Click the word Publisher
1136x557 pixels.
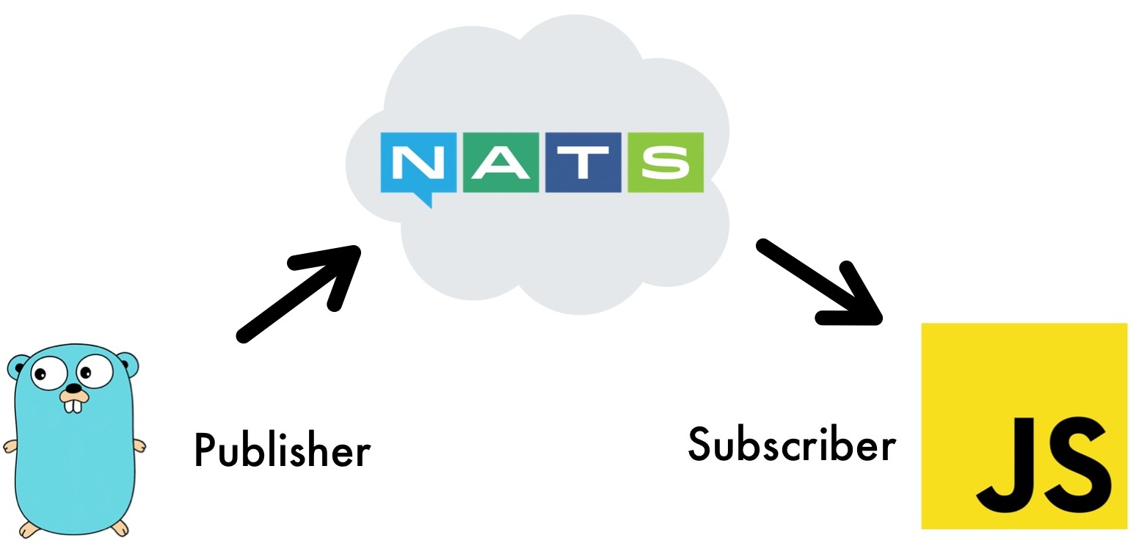283,449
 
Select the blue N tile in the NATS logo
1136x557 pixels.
418,162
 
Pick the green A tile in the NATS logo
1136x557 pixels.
500,162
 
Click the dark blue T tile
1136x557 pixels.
583,162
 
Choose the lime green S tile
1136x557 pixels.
666,162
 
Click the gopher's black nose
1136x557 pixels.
73,388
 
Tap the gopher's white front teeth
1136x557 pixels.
73,405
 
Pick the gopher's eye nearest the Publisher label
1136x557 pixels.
94,370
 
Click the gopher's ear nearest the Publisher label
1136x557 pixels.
127,363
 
